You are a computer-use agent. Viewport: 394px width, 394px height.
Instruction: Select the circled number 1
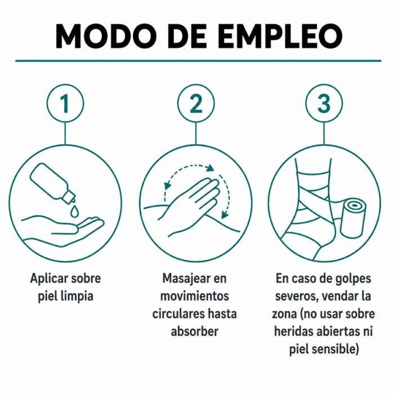(65, 103)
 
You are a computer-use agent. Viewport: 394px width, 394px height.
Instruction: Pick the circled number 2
(196, 103)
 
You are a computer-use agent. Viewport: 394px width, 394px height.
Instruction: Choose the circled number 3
(324, 103)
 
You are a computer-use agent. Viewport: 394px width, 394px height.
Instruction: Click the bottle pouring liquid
(52, 183)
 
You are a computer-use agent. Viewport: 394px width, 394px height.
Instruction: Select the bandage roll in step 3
(353, 217)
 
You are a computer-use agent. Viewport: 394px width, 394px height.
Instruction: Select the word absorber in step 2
(195, 332)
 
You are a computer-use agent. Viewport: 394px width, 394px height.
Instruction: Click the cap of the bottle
(69, 196)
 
